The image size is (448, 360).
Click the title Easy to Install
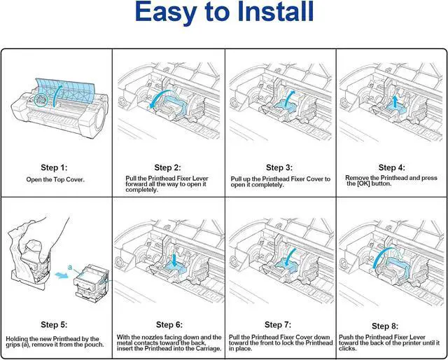(x=223, y=13)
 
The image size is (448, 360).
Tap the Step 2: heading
(x=168, y=168)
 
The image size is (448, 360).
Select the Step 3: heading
(x=280, y=168)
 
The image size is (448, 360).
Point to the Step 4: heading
(x=392, y=167)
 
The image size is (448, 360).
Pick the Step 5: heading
(x=55, y=324)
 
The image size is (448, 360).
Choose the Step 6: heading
(x=168, y=325)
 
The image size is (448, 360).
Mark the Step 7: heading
(x=280, y=325)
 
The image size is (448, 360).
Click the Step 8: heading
(x=392, y=326)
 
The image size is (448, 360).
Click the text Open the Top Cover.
(x=55, y=180)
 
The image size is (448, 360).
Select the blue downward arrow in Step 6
(x=172, y=260)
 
